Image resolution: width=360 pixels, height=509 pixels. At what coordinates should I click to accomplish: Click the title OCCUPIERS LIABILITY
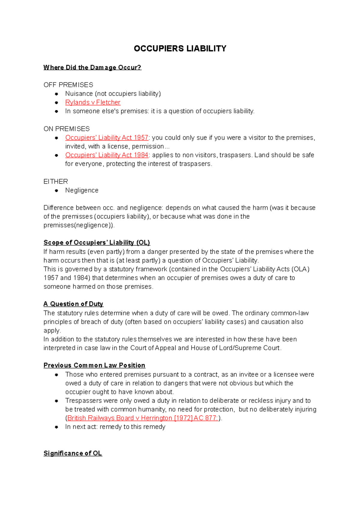tap(180, 49)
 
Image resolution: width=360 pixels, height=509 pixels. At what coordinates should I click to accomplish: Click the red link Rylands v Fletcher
tap(93, 103)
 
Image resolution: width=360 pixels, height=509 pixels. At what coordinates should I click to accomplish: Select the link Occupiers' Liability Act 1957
tap(106, 138)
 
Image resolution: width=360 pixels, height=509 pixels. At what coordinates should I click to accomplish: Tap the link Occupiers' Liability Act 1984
tap(106, 155)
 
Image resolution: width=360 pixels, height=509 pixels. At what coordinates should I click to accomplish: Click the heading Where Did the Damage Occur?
tap(92, 67)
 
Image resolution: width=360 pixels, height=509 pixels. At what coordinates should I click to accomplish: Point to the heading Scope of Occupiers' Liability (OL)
tap(97, 243)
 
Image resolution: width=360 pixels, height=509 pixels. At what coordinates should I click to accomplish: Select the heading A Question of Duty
tap(73, 304)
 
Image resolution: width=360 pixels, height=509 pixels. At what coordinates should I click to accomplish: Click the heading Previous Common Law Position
tap(94, 365)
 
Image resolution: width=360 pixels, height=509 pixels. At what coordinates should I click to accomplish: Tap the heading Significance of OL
tap(73, 453)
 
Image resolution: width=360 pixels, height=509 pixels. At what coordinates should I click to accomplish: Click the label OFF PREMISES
tap(68, 85)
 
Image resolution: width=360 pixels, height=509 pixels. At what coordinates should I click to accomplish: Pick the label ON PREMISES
tap(66, 129)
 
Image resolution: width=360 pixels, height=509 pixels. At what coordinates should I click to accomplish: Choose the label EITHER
tap(55, 182)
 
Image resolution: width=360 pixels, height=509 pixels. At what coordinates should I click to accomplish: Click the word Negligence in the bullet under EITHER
tap(82, 190)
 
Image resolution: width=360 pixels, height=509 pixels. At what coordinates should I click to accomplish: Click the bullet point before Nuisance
tap(56, 94)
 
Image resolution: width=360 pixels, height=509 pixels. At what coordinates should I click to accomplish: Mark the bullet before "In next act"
tap(56, 427)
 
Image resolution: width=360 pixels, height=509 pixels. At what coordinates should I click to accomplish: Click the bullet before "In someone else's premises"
tap(56, 111)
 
